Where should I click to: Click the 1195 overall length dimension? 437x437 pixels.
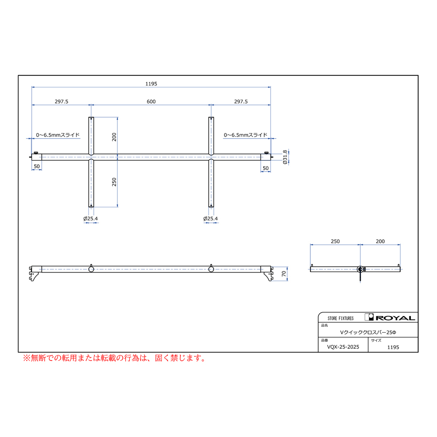[x=151, y=84]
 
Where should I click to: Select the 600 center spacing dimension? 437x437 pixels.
[x=151, y=101]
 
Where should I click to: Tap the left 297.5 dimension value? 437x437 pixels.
[x=61, y=101]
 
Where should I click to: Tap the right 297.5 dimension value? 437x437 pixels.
[x=241, y=101]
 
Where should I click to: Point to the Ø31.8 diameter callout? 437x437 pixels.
[x=285, y=157]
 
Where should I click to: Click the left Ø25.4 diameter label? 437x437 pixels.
[x=91, y=218]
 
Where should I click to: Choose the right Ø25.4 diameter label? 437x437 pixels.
[x=210, y=218]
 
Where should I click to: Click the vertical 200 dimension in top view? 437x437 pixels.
[x=114, y=137]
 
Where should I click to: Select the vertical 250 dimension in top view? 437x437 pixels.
[x=114, y=182]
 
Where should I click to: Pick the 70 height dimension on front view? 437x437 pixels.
[x=284, y=274]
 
